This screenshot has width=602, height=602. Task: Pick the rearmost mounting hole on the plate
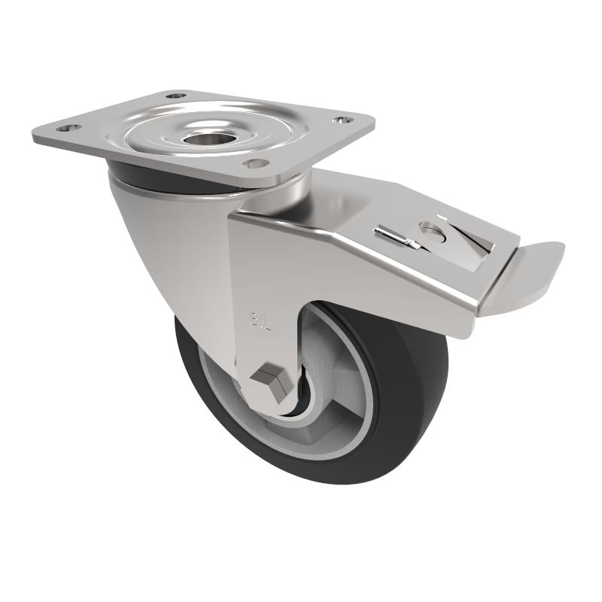[177, 96]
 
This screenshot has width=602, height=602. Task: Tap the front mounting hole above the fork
[257, 163]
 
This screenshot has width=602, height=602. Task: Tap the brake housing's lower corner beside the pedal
[470, 324]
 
